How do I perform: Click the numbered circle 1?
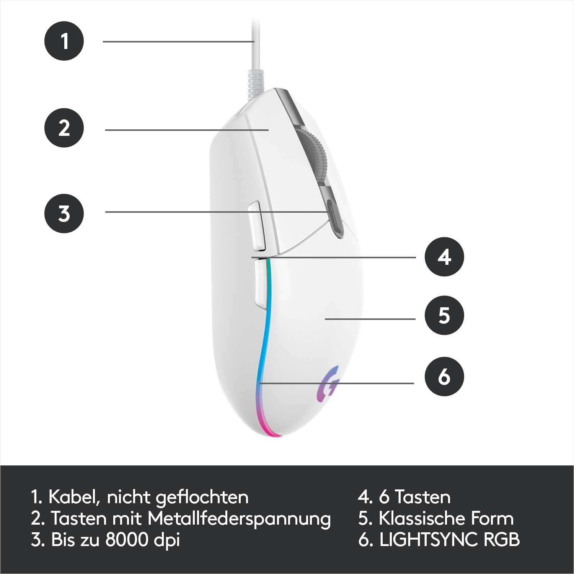click(64, 41)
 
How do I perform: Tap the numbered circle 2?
click(64, 128)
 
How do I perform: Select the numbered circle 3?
click(64, 214)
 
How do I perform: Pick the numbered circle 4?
click(444, 257)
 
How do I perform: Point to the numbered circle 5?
click(444, 315)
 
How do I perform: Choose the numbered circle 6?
click(444, 377)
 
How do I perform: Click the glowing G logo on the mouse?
click(328, 384)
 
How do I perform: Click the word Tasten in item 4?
click(423, 497)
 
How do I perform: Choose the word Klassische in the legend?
click(422, 519)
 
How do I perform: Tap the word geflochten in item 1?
click(202, 498)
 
